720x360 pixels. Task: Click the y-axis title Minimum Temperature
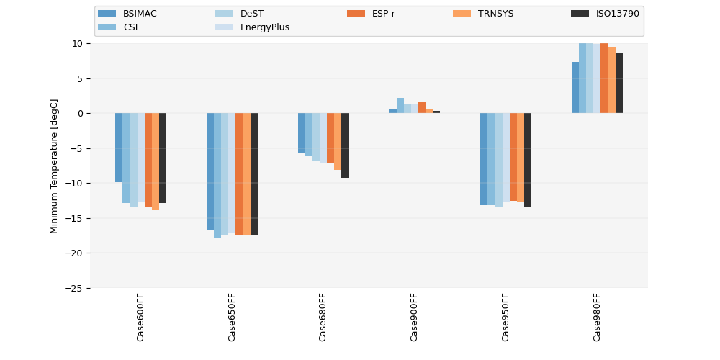tap(55, 166)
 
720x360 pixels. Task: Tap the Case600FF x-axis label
tap(140, 317)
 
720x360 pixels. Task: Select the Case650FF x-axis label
tap(232, 317)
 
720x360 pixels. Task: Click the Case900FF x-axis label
tap(414, 317)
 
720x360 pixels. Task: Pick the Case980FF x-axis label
tap(597, 317)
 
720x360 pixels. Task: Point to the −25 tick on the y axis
tap(75, 288)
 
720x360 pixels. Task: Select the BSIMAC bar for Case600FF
tap(119, 148)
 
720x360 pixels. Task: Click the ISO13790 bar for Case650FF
tap(254, 174)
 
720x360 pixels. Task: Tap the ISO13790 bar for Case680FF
tap(346, 145)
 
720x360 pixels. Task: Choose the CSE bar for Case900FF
tap(400, 106)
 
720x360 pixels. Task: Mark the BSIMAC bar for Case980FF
tap(575, 88)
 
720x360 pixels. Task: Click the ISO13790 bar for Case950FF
tap(528, 160)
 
